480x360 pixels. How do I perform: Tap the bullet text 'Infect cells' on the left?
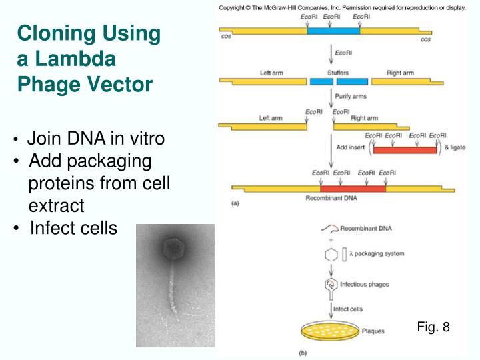tap(73, 229)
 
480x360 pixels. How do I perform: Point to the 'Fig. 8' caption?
tap(433, 327)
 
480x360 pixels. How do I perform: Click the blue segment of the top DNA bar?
tap(333, 30)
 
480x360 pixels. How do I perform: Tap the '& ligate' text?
tap(455, 147)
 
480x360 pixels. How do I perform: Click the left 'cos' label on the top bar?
tap(226, 37)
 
